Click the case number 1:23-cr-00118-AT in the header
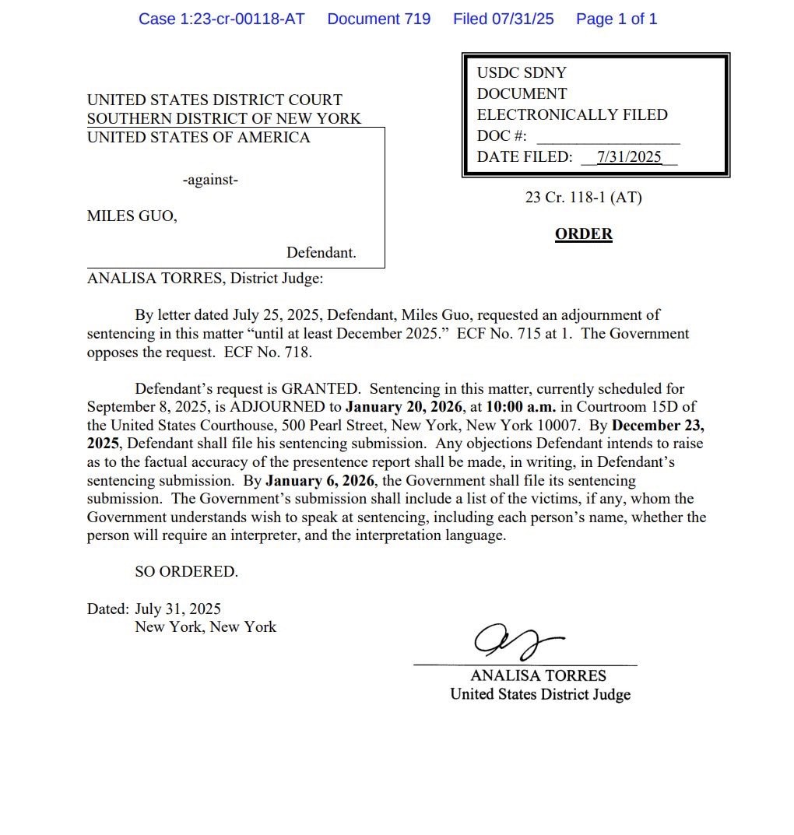[x=221, y=19]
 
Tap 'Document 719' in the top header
[x=378, y=19]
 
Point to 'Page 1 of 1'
[x=616, y=19]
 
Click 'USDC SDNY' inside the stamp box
[x=522, y=72]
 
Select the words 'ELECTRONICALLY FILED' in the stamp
[x=572, y=114]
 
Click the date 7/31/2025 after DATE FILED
[x=629, y=156]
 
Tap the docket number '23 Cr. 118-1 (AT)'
[x=583, y=198]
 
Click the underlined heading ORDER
[x=583, y=233]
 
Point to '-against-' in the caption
[x=210, y=180]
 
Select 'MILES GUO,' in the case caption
[x=132, y=216]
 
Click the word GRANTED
[x=320, y=388]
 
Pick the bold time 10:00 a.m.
[x=521, y=406]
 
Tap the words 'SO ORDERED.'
[x=186, y=571]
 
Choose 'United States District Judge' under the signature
[x=539, y=694]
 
